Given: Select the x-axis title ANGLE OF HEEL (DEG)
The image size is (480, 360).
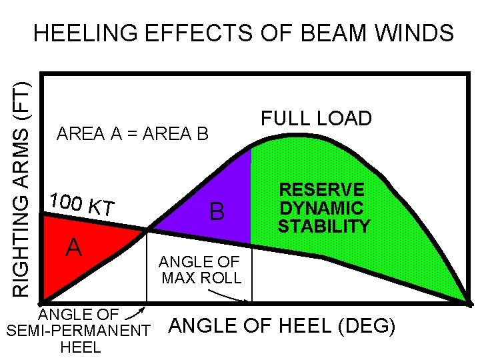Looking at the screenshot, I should [283, 327].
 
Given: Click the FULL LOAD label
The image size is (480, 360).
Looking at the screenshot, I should [316, 119].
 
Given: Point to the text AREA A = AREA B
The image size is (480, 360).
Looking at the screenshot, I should [133, 134].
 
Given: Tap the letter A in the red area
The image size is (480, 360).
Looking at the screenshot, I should [73, 248].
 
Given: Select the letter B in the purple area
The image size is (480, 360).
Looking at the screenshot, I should [217, 212].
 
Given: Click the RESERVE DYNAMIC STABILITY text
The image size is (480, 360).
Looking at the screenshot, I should [323, 208].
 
